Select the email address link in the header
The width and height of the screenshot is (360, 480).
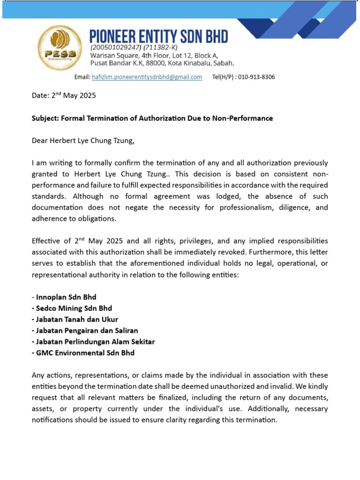point(147,77)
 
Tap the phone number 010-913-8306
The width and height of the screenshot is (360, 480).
point(256,77)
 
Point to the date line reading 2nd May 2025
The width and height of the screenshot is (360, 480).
point(64,96)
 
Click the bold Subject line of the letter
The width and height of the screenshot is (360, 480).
point(152,118)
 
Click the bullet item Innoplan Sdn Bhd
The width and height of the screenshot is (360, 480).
point(66,297)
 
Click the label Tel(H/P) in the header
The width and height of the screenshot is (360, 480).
point(224,77)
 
